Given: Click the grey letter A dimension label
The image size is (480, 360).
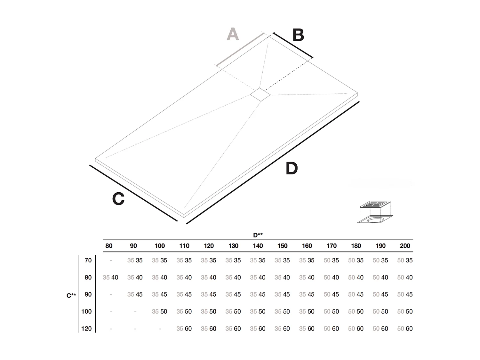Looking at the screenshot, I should click(233, 34).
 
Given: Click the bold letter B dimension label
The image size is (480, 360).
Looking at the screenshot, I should click(298, 35).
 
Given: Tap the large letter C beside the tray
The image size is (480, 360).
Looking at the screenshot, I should click(118, 199).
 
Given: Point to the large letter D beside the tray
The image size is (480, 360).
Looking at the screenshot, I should click(292, 168).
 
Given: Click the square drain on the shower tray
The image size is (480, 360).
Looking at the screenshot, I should click(260, 95).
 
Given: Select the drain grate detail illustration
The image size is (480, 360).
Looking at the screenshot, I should click(375, 212).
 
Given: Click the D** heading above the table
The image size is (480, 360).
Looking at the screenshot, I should click(258, 235).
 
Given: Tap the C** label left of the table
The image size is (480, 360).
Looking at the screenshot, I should click(71, 295).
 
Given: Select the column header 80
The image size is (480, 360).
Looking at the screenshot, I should click(109, 246).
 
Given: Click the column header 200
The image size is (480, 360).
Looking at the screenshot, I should click(405, 246).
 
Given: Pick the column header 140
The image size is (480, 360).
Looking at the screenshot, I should click(258, 246).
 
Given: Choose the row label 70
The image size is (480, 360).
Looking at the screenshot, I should click(88, 260).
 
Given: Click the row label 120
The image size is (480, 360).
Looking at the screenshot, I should click(86, 329).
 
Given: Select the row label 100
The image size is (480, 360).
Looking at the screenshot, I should click(86, 312).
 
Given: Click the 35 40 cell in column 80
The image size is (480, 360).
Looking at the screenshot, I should click(110, 277).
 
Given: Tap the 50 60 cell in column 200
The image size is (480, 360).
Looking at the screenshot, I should click(405, 329).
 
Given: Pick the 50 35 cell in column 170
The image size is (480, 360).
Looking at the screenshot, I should click(331, 260).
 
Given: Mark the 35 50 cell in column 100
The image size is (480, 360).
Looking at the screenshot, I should click(159, 312).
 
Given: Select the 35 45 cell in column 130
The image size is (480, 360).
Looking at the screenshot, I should click(233, 294).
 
